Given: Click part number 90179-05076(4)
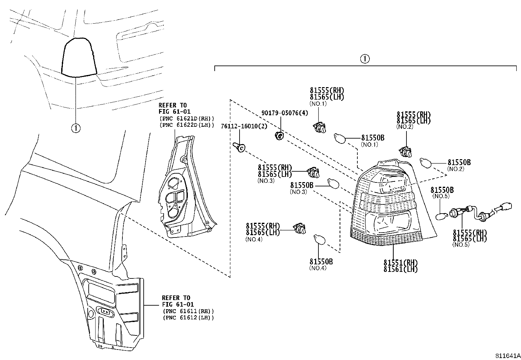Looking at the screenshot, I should click(285, 113).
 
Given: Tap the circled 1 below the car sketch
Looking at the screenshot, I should click(76, 128).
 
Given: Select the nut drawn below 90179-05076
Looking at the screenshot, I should click(279, 135).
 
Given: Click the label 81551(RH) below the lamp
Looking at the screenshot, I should click(401, 263).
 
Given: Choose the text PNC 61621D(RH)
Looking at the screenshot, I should click(187, 119).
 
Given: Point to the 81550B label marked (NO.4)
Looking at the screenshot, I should click(321, 262).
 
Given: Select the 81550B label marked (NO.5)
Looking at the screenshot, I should click(442, 190).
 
